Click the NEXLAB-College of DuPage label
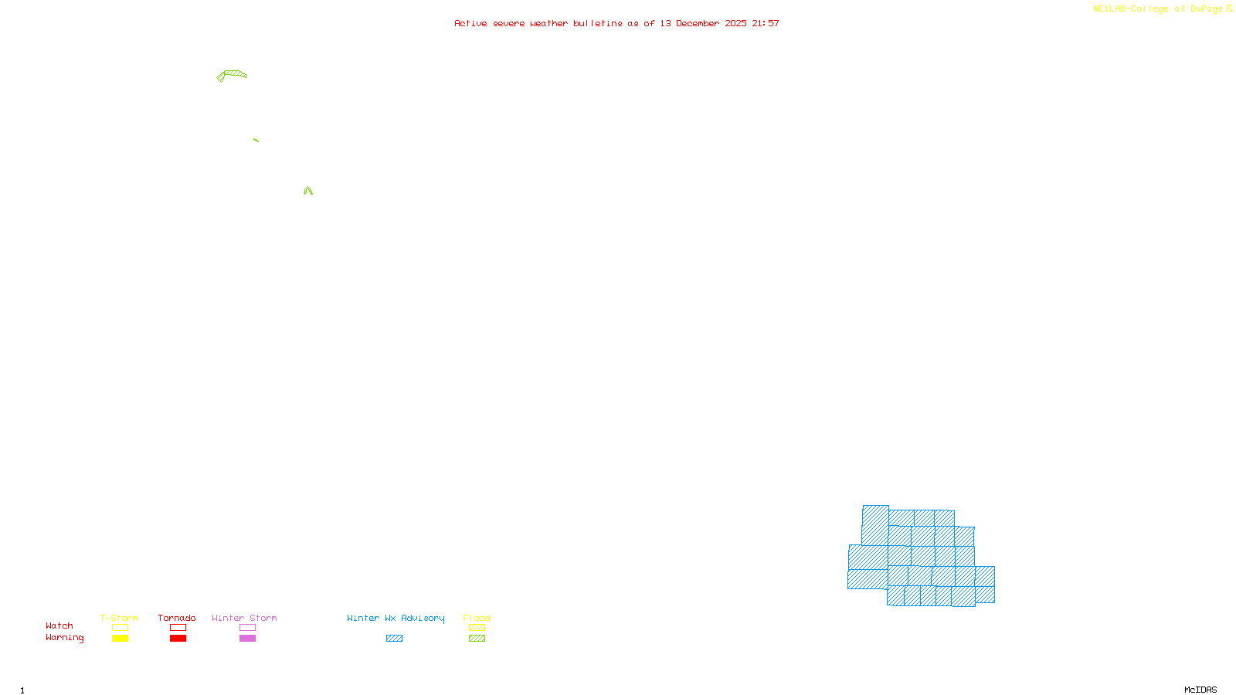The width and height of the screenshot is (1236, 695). (x=1157, y=9)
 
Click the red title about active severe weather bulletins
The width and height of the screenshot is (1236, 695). (x=616, y=23)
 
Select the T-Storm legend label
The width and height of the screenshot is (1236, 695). (x=119, y=618)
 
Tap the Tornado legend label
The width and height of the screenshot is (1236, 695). (x=177, y=618)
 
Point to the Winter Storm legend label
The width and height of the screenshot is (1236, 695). (x=244, y=618)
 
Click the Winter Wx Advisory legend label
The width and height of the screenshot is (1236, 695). (x=396, y=618)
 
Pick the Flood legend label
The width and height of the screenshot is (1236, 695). (x=477, y=618)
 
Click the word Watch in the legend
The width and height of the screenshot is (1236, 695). (x=59, y=625)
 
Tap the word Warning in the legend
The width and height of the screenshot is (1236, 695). (x=64, y=638)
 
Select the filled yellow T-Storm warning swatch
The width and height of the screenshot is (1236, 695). (x=120, y=639)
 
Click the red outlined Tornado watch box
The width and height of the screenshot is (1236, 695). (x=178, y=628)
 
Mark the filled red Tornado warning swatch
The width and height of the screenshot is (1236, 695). (x=178, y=639)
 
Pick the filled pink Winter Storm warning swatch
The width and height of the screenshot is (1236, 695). (x=247, y=639)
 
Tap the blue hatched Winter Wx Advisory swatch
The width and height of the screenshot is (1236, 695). (x=394, y=639)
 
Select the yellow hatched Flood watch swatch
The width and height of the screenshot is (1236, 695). (x=477, y=628)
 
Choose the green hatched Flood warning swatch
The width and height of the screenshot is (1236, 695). (x=477, y=639)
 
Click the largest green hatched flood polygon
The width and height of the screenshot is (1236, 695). (x=233, y=74)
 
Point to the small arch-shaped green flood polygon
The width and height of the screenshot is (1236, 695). (x=308, y=190)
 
